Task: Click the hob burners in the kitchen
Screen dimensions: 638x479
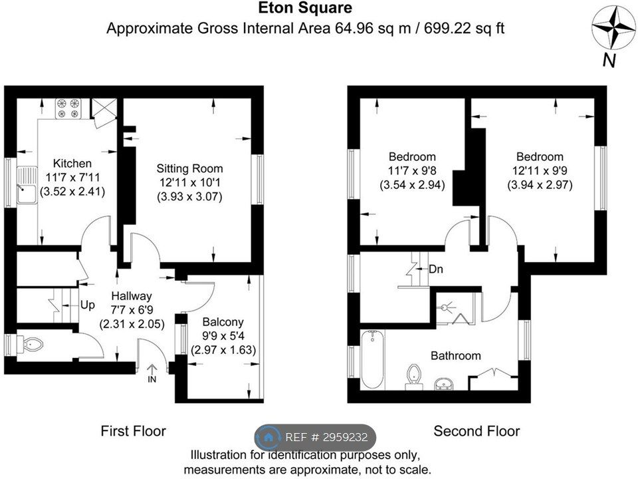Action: pyautogui.click(x=68, y=108)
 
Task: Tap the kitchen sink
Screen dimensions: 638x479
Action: pyautogui.click(x=27, y=185)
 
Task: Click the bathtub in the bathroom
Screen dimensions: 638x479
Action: pyautogui.click(x=372, y=360)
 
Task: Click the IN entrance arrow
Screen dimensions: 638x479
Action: pyautogui.click(x=152, y=373)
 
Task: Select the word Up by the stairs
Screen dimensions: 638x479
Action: pyautogui.click(x=88, y=305)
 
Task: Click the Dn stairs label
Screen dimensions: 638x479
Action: pyautogui.click(x=436, y=269)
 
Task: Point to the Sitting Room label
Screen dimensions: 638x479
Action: pyautogui.click(x=189, y=168)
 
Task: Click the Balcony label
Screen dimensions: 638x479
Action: pyautogui.click(x=223, y=322)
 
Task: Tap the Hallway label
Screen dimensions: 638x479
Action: pyautogui.click(x=132, y=296)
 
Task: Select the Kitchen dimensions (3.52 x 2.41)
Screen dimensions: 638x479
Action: pyautogui.click(x=72, y=192)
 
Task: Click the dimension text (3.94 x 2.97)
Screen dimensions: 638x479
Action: pyautogui.click(x=540, y=185)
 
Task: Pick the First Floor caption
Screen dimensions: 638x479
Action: pyautogui.click(x=134, y=431)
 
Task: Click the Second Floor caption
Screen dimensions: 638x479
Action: pyautogui.click(x=477, y=431)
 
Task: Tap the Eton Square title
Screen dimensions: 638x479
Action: pyautogui.click(x=305, y=8)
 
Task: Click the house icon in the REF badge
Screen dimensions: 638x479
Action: pyautogui.click(x=268, y=438)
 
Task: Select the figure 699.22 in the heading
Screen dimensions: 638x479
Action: pyautogui.click(x=447, y=29)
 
